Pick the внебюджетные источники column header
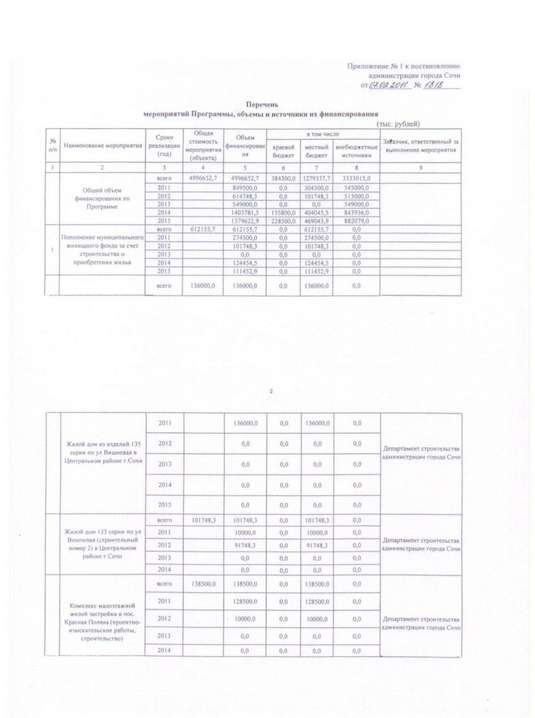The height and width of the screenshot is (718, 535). click(x=356, y=150)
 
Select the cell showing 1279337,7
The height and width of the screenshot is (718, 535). click(x=317, y=179)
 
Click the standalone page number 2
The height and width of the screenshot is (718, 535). click(x=271, y=392)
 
